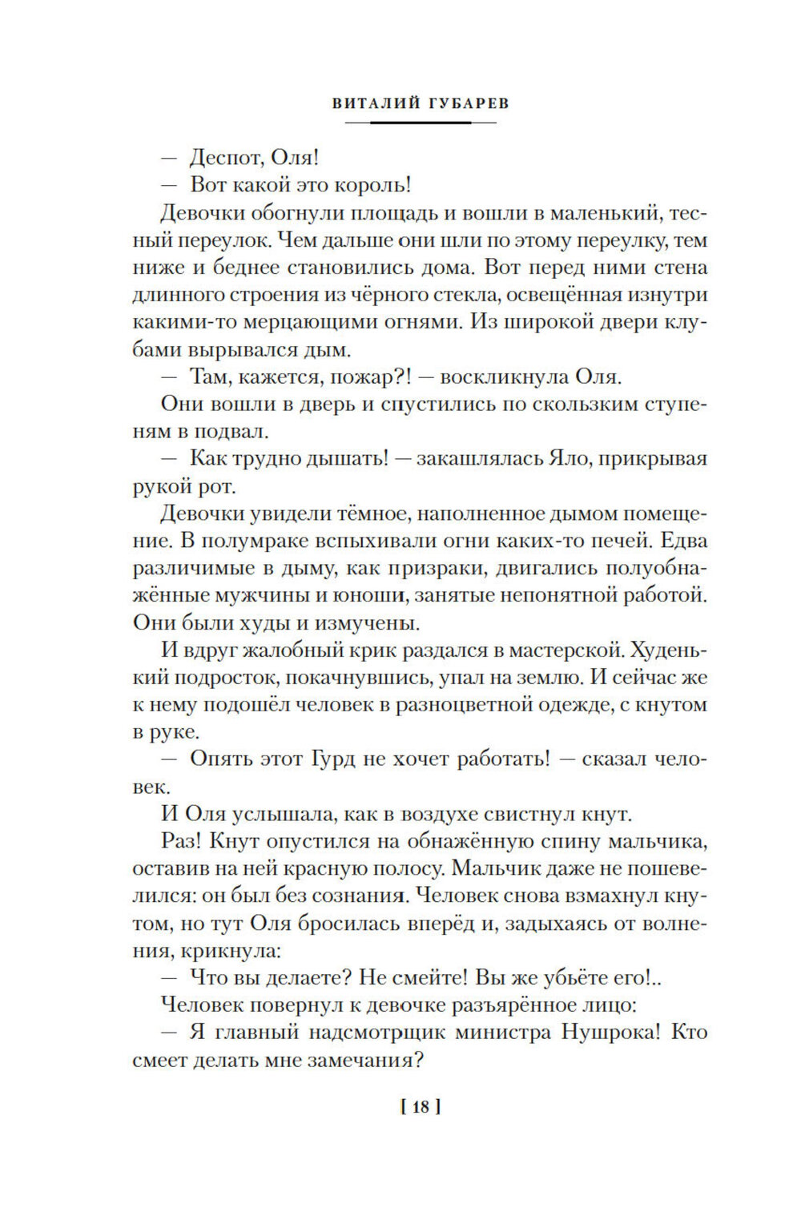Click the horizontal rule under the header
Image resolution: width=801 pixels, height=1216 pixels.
pos(421,123)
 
